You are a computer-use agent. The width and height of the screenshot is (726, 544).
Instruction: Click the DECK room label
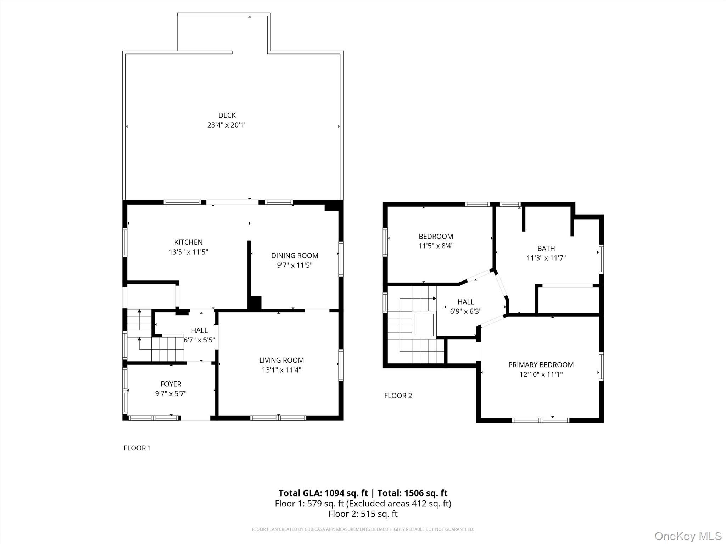tap(227, 115)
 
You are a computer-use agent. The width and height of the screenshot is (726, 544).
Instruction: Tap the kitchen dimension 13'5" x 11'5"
tap(188, 252)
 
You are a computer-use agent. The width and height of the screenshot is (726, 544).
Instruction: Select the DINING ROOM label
tap(295, 255)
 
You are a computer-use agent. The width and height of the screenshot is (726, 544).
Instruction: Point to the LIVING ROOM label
tap(281, 360)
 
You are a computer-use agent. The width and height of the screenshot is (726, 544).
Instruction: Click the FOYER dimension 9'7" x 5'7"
tap(171, 393)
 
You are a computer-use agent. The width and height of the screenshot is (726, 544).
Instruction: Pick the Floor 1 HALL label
tap(199, 330)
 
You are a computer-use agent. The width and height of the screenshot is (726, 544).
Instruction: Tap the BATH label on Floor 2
tap(546, 249)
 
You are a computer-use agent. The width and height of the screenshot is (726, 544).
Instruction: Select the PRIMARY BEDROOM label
tap(541, 364)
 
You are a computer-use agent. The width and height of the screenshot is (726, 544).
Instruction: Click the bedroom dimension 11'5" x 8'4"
tap(436, 246)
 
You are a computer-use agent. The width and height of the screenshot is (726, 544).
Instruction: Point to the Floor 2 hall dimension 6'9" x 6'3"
tap(465, 311)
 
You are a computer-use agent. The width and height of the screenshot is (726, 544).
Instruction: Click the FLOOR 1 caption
tap(137, 448)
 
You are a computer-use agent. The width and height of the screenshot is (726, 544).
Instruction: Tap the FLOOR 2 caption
tap(398, 396)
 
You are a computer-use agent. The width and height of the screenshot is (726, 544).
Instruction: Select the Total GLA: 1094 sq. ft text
tap(323, 493)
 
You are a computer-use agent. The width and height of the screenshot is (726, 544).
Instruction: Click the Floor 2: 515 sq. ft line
tap(363, 514)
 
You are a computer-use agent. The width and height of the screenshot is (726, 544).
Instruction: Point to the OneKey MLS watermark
tap(688, 536)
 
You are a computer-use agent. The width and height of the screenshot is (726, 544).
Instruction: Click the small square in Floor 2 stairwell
tap(424, 325)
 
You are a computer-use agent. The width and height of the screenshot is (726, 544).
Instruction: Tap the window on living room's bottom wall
tap(278, 418)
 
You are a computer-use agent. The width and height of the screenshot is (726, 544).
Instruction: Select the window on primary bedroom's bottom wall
tap(540, 420)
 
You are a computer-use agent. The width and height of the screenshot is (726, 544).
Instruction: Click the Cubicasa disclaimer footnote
tap(363, 529)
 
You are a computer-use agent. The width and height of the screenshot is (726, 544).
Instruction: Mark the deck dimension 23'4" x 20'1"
tap(227, 125)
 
